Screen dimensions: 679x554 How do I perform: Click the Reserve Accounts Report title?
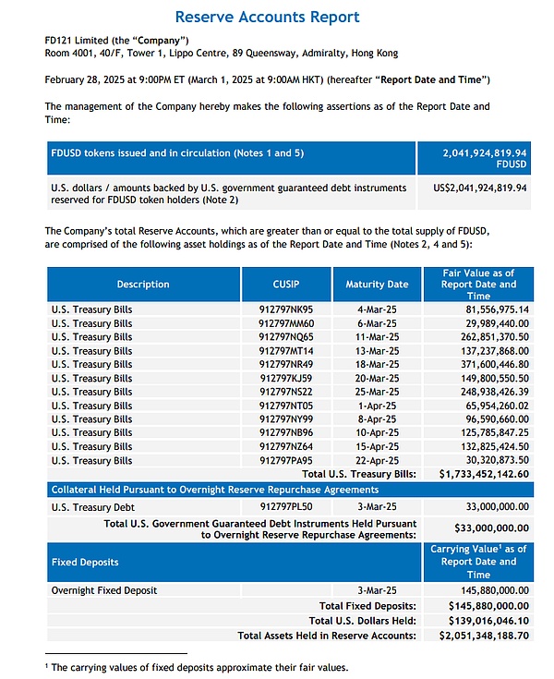(267, 18)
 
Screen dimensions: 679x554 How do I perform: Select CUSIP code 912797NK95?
(287, 309)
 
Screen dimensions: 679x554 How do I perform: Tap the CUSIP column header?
(287, 285)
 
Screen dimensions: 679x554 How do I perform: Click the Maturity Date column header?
(377, 285)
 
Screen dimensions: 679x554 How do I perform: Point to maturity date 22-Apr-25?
(377, 460)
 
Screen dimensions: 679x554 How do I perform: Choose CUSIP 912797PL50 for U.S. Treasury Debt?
(287, 505)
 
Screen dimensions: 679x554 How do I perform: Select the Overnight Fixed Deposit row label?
(104, 590)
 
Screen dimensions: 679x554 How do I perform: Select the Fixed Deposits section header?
(84, 562)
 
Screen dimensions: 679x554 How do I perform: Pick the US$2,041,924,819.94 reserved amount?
(480, 188)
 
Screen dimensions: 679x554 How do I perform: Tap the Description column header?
(143, 285)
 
